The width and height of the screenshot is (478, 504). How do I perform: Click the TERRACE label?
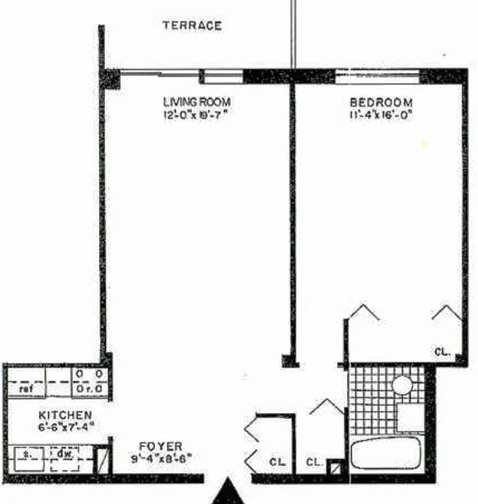[x=192, y=26]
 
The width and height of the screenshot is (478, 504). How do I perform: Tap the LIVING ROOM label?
[x=196, y=102]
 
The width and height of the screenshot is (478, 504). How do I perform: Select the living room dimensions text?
[x=196, y=115]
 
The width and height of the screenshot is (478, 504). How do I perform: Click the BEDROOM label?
[x=381, y=103]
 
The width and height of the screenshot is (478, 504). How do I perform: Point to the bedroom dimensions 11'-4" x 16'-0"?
[x=381, y=115]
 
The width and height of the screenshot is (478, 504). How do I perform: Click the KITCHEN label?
[x=66, y=416]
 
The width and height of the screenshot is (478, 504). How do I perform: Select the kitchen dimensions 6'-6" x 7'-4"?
[x=66, y=427]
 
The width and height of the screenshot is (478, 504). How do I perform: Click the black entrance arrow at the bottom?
[x=227, y=493]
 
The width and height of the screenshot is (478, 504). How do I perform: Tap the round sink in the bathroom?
[x=402, y=384]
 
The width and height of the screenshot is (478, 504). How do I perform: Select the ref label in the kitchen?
[x=26, y=389]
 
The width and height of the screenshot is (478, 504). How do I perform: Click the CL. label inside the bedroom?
[x=443, y=353]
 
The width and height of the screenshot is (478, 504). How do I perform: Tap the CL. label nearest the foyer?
[x=277, y=463]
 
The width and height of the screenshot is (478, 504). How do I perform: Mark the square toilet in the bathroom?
[x=410, y=416]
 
